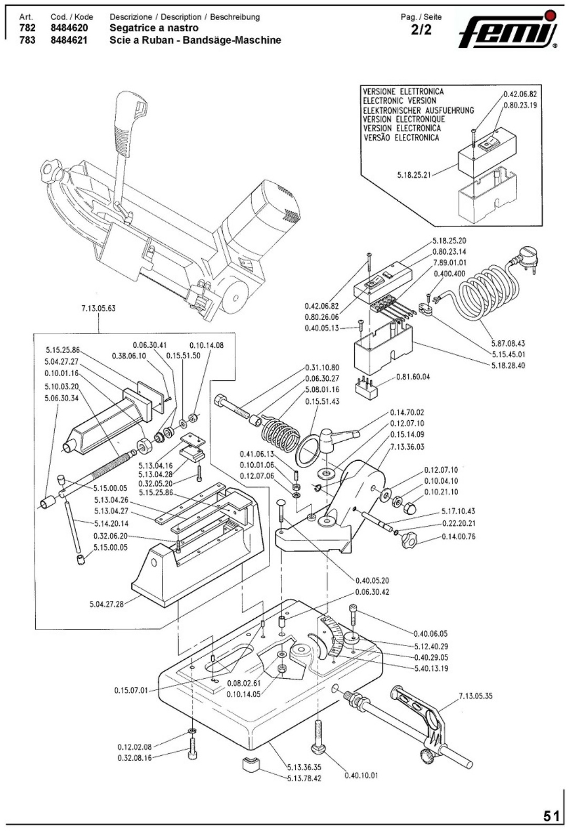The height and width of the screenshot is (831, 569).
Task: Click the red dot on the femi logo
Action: click(x=550, y=15)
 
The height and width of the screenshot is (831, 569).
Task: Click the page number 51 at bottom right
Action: click(x=551, y=816)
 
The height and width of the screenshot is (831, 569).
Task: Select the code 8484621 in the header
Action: click(x=69, y=40)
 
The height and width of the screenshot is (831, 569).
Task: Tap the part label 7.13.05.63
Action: click(x=98, y=308)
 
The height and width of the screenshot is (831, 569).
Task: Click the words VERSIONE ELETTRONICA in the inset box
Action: click(x=403, y=91)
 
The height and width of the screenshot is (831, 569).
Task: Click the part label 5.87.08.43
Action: click(x=508, y=344)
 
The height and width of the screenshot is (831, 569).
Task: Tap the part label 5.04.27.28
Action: click(x=107, y=604)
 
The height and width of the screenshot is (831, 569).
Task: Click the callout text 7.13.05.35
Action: click(x=475, y=697)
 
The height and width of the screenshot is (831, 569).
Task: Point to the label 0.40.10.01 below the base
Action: click(x=361, y=775)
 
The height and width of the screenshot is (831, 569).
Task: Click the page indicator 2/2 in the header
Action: click(x=421, y=30)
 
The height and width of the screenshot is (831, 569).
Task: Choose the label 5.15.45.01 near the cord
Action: click(x=508, y=355)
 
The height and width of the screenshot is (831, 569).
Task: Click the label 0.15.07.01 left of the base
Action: click(x=131, y=690)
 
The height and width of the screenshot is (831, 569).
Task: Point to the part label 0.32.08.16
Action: click(x=135, y=757)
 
